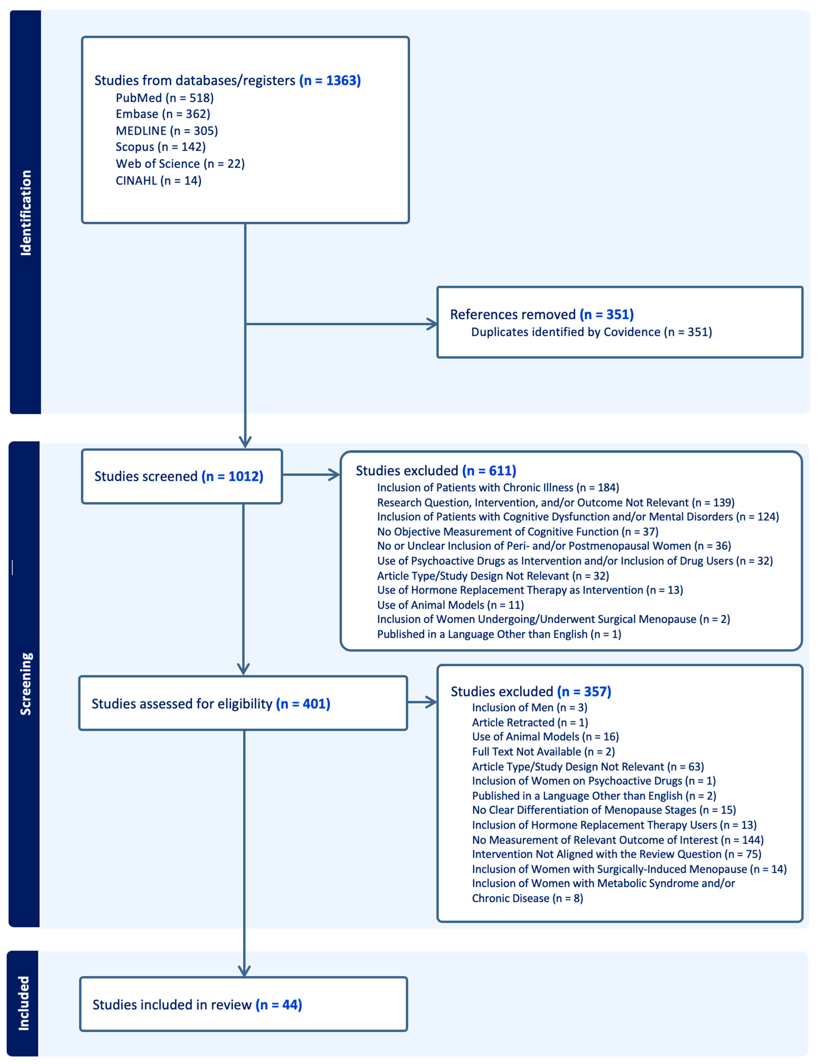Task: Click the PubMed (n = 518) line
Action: [165, 98]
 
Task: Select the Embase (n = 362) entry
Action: [163, 114]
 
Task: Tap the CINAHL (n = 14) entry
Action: [158, 181]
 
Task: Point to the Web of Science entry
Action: [180, 164]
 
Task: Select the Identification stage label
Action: [25, 213]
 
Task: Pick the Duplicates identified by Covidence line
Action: [591, 332]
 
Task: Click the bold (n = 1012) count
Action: [232, 476]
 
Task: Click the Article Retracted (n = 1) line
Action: [530, 722]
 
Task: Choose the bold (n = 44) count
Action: [278, 1005]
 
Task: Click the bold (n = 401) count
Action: [303, 704]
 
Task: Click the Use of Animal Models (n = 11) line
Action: [450, 605]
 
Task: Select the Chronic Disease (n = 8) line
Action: [527, 898]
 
